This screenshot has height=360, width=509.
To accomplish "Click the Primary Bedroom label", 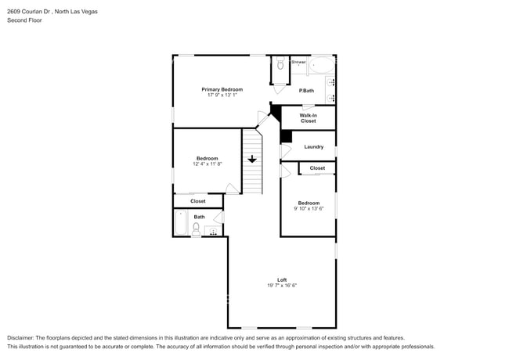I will click(222, 89).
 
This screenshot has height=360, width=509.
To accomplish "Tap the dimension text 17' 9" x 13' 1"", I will click(222, 95).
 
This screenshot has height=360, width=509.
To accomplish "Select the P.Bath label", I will click(307, 91).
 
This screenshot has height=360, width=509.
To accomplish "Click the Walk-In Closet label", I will click(308, 118).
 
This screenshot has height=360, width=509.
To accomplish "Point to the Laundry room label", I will click(314, 146).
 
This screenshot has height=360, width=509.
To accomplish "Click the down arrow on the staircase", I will click(251, 160).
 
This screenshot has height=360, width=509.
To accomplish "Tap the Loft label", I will click(282, 279).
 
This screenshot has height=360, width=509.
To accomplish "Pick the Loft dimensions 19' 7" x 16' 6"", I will click(282, 286).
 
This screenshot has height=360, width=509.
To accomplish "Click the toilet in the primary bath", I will click(279, 67).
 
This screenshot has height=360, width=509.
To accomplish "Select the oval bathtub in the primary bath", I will click(320, 64).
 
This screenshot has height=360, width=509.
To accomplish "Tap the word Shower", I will click(298, 61).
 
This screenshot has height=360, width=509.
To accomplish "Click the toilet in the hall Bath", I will click(197, 228).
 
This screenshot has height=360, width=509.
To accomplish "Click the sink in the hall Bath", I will click(213, 231).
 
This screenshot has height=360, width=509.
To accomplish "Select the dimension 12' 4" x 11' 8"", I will click(208, 164).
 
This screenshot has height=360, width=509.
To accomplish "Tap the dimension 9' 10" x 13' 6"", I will click(307, 209).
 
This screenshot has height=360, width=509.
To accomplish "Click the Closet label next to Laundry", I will click(317, 168).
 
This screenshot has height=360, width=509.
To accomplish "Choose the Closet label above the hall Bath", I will click(198, 201).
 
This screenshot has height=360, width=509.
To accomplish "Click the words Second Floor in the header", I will click(25, 20).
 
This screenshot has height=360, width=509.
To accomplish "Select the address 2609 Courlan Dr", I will click(30, 12).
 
